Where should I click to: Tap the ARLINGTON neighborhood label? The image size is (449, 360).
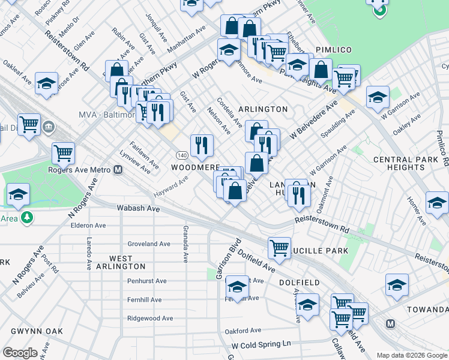point(263,109)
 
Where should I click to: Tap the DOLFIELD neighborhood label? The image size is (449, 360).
point(298,282)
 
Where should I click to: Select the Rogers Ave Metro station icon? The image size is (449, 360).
point(118,170)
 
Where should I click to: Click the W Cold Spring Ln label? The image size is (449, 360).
point(261,345)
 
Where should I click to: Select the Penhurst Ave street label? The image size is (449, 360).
point(146,281)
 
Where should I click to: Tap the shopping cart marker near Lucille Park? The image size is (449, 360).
point(279,247)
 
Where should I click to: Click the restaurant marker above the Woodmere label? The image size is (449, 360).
point(202,144)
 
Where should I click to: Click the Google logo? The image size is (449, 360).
point(20,353)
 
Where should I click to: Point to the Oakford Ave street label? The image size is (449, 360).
point(243,331)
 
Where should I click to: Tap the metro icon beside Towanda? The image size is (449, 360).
point(391,323)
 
